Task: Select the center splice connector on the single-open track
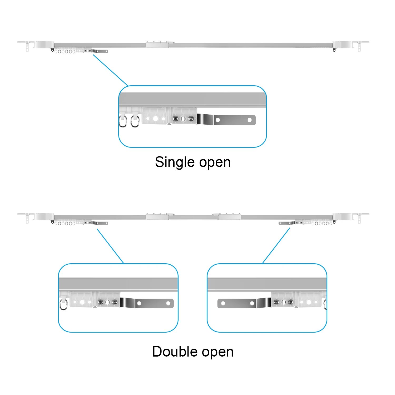point(157,45)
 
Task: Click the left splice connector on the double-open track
point(157,217)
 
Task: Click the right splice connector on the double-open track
point(229,217)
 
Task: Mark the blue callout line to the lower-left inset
point(110,246)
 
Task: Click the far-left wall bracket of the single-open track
point(27,45)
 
